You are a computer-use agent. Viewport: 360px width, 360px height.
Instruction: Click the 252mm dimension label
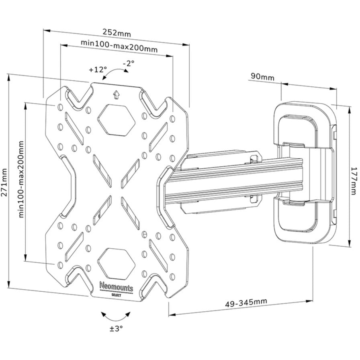tap(117, 33)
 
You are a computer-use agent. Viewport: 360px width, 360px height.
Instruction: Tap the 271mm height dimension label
tap(4, 182)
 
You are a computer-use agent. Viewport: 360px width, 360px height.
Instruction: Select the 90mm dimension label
tap(262, 76)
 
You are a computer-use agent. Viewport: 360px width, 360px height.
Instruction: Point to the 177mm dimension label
tap(354, 181)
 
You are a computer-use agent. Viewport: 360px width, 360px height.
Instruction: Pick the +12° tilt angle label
tap(98, 70)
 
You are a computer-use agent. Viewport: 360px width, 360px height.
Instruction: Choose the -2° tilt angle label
tap(129, 63)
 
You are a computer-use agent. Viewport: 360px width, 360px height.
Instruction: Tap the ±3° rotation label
tap(116, 329)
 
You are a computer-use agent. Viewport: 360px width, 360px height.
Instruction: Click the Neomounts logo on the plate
tap(116, 287)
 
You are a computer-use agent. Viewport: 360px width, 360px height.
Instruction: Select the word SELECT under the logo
tap(116, 295)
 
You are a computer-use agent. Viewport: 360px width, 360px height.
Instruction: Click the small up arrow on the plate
tap(117, 94)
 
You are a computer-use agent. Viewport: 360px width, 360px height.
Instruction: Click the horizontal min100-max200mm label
tap(119, 46)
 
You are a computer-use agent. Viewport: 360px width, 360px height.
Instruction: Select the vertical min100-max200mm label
tap(21, 179)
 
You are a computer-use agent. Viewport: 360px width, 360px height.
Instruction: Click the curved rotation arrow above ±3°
tap(116, 317)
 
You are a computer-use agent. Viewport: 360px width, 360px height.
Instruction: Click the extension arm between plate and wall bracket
tap(232, 181)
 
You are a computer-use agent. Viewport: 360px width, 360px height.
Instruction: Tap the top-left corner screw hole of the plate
tap(60, 107)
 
